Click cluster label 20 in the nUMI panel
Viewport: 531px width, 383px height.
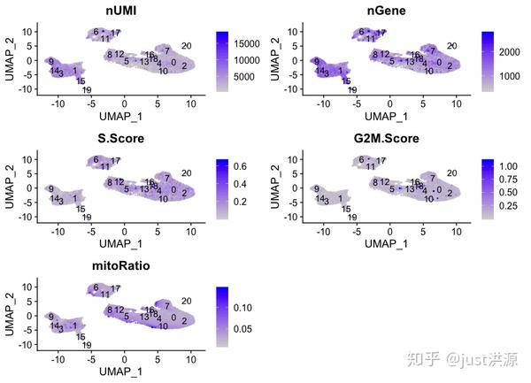[x=187, y=46]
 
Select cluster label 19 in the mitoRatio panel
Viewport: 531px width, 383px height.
[x=87, y=345]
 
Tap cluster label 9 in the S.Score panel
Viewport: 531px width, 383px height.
[x=52, y=188]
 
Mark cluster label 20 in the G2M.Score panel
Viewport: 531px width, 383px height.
[x=450, y=173]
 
